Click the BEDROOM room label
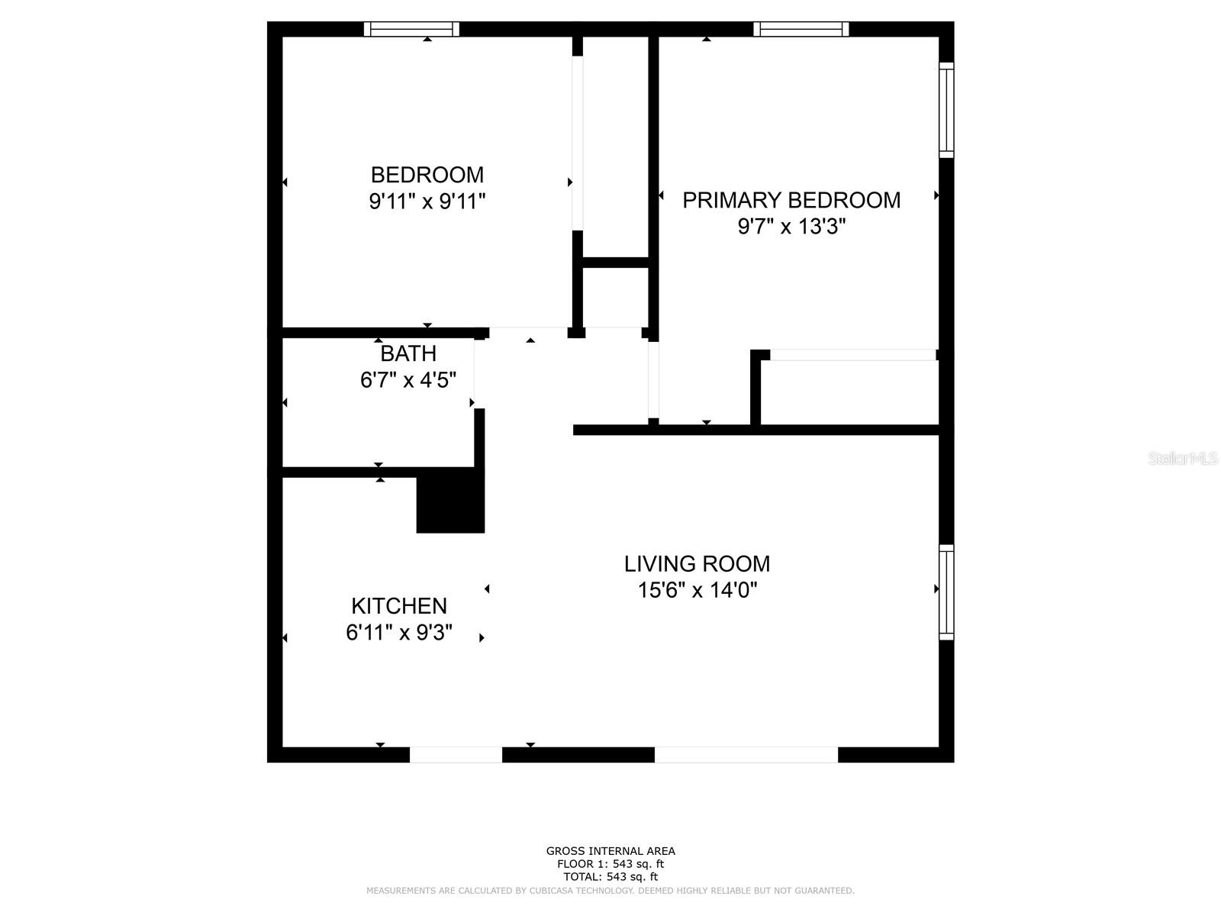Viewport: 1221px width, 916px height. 427,175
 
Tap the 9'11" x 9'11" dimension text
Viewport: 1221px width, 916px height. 427,202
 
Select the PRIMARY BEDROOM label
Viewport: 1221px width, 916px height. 791,200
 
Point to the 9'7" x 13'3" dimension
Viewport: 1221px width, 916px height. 791,227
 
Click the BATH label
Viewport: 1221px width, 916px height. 408,353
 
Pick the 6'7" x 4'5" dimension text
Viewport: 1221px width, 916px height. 408,379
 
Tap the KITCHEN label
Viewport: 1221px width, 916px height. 399,606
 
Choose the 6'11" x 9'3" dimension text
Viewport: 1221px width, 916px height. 399,633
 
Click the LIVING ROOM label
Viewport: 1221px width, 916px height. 697,564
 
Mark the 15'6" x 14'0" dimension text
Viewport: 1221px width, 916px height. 697,590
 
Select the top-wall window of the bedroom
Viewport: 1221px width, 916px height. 411,29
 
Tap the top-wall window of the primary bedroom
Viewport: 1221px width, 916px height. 801,29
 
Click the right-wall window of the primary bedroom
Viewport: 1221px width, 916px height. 946,111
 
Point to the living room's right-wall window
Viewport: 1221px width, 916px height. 946,592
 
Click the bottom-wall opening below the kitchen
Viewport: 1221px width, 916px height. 456,755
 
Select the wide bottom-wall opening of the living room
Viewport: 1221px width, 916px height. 746,755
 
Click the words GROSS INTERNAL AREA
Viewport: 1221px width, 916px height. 610,851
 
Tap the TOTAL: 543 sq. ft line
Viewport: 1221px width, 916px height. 610,877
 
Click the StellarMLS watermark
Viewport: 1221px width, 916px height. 1182,459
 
